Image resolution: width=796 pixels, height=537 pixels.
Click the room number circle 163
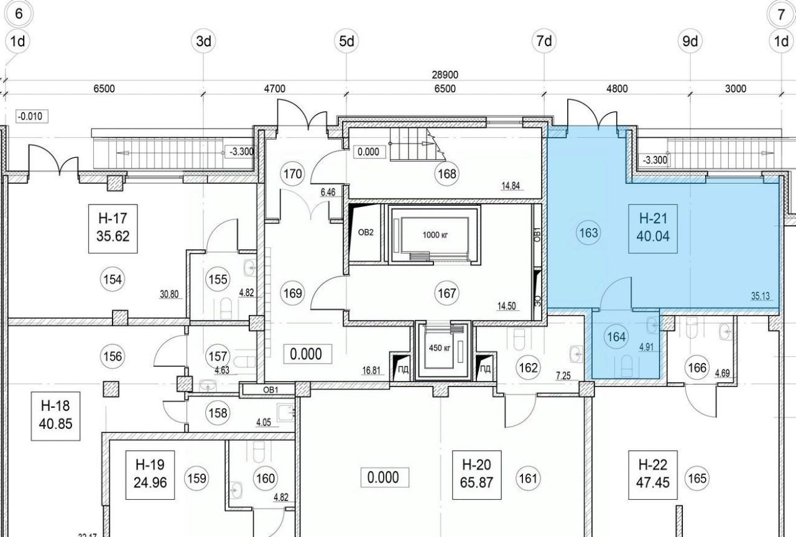[588, 233]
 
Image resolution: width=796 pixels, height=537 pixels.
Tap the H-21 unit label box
[653, 229]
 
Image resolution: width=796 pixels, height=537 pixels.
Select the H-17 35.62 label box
[113, 229]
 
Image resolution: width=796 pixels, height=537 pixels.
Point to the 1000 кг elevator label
[435, 235]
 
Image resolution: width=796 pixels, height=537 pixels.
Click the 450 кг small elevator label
[440, 348]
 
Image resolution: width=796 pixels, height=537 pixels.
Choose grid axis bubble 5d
[346, 41]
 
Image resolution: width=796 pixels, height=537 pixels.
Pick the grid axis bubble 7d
[544, 41]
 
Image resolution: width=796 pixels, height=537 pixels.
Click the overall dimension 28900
[445, 75]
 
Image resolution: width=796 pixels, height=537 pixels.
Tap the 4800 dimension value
[617, 88]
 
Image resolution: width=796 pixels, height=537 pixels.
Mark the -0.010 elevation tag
[32, 116]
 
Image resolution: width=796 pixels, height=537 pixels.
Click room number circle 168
[447, 173]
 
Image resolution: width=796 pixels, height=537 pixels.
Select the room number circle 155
[218, 280]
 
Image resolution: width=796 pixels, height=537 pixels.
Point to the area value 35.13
[760, 296]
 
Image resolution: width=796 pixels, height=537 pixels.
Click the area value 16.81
[371, 371]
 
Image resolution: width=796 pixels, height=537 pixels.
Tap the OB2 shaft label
[366, 232]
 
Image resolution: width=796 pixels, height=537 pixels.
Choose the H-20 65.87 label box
[476, 475]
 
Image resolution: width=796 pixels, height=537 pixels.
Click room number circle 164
[616, 337]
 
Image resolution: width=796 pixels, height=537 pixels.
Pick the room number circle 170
[293, 173]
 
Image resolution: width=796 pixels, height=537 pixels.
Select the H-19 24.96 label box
[150, 475]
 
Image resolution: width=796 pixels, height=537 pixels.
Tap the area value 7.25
[563, 376]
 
